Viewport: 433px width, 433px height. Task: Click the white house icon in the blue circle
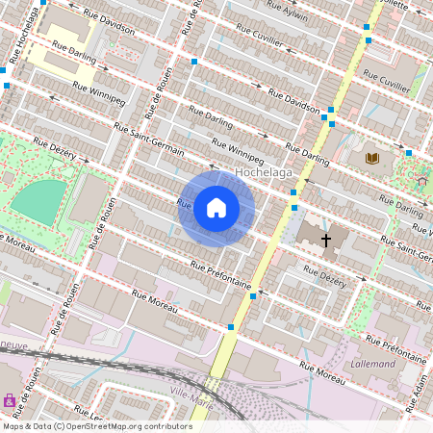(216, 208)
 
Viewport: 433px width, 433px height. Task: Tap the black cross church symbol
(326, 240)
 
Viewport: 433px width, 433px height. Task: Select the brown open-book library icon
(371, 158)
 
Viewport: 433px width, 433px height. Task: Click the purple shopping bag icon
(10, 400)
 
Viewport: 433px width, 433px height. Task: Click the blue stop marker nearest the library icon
(409, 153)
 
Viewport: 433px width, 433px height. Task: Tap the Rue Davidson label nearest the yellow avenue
(294, 100)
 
